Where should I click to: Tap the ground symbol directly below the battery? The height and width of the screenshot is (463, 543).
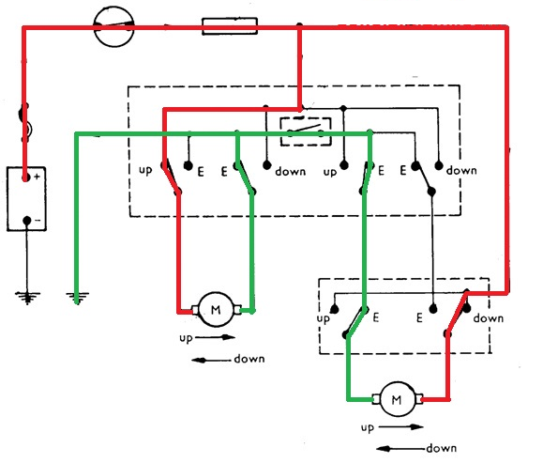[x=27, y=297]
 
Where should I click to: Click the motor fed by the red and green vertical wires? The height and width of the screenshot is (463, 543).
[x=215, y=307]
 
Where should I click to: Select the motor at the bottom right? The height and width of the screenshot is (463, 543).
[x=396, y=399]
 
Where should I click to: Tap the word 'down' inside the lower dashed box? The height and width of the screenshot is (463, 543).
[x=488, y=318]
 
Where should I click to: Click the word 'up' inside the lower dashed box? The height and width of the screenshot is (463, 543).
[x=324, y=319]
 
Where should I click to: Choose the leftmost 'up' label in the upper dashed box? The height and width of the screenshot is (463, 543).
[x=144, y=172]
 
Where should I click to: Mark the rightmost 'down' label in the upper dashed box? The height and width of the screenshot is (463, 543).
[x=462, y=171]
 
